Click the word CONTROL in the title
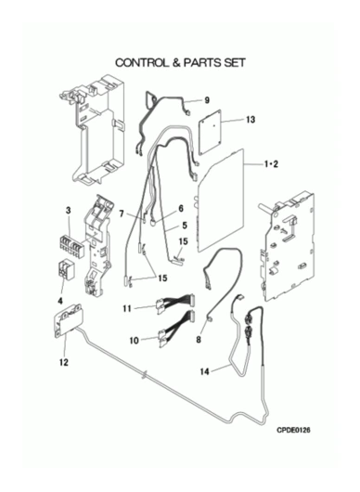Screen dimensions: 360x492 (142, 62)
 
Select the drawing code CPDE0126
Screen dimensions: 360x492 (293, 430)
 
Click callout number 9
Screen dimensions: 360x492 (207, 100)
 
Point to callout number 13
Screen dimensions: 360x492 (251, 120)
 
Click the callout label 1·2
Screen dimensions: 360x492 (270, 163)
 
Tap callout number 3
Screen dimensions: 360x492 (69, 211)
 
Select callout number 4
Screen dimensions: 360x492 (60, 301)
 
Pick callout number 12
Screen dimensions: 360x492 (64, 362)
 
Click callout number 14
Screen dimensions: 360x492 (204, 372)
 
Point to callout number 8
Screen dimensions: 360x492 (199, 340)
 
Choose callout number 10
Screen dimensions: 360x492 (135, 341)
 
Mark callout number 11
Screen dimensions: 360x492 (127, 309)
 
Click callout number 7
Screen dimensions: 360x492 (122, 214)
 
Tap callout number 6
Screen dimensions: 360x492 (181, 209)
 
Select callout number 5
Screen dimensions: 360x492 (185, 225)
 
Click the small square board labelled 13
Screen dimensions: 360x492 (210, 132)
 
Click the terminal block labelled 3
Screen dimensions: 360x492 (71, 246)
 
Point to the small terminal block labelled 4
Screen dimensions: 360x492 (65, 269)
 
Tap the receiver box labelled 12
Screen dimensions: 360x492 (68, 320)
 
